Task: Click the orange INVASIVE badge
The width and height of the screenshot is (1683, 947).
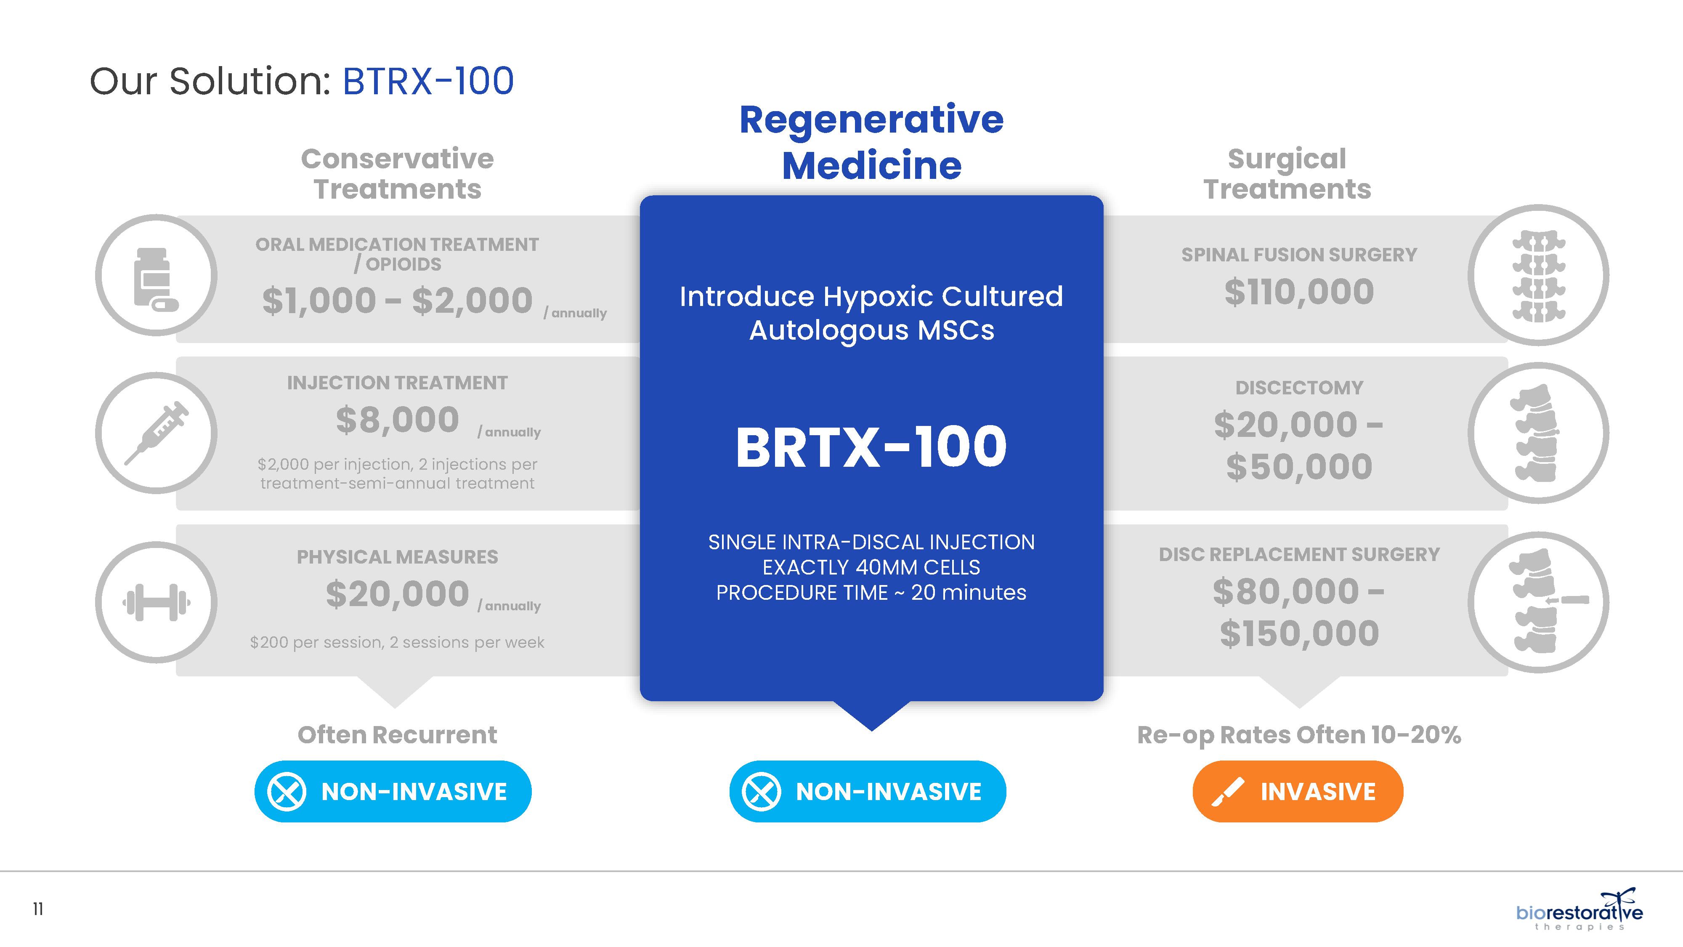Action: click(1298, 791)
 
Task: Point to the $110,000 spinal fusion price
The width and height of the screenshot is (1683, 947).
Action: click(1299, 292)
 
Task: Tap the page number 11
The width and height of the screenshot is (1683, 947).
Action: click(38, 909)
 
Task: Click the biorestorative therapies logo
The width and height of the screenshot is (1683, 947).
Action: click(1579, 910)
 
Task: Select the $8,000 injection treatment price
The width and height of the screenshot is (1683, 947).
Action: click(397, 420)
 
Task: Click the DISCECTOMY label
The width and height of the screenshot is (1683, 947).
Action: click(1299, 388)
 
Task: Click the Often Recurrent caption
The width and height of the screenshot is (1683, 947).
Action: click(397, 734)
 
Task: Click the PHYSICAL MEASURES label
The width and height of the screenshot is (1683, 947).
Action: click(397, 557)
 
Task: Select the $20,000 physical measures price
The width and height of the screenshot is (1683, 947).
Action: click(397, 594)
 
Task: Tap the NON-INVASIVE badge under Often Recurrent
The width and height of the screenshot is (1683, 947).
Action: click(393, 791)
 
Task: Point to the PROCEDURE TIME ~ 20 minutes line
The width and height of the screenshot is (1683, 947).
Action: click(871, 593)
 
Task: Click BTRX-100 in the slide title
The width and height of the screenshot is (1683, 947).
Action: click(428, 82)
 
